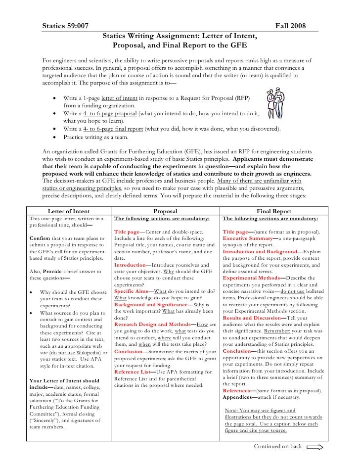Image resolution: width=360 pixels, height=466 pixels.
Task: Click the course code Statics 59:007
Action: (x=65, y=25)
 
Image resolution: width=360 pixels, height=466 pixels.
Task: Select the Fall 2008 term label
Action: (x=290, y=25)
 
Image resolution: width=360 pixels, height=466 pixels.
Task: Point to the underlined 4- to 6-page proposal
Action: (x=109, y=113)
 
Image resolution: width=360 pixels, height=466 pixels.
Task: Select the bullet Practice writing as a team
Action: (x=96, y=137)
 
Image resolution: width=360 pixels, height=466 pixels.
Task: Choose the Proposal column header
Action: (x=166, y=211)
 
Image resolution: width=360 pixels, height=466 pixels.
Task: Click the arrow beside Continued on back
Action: (x=315, y=447)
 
